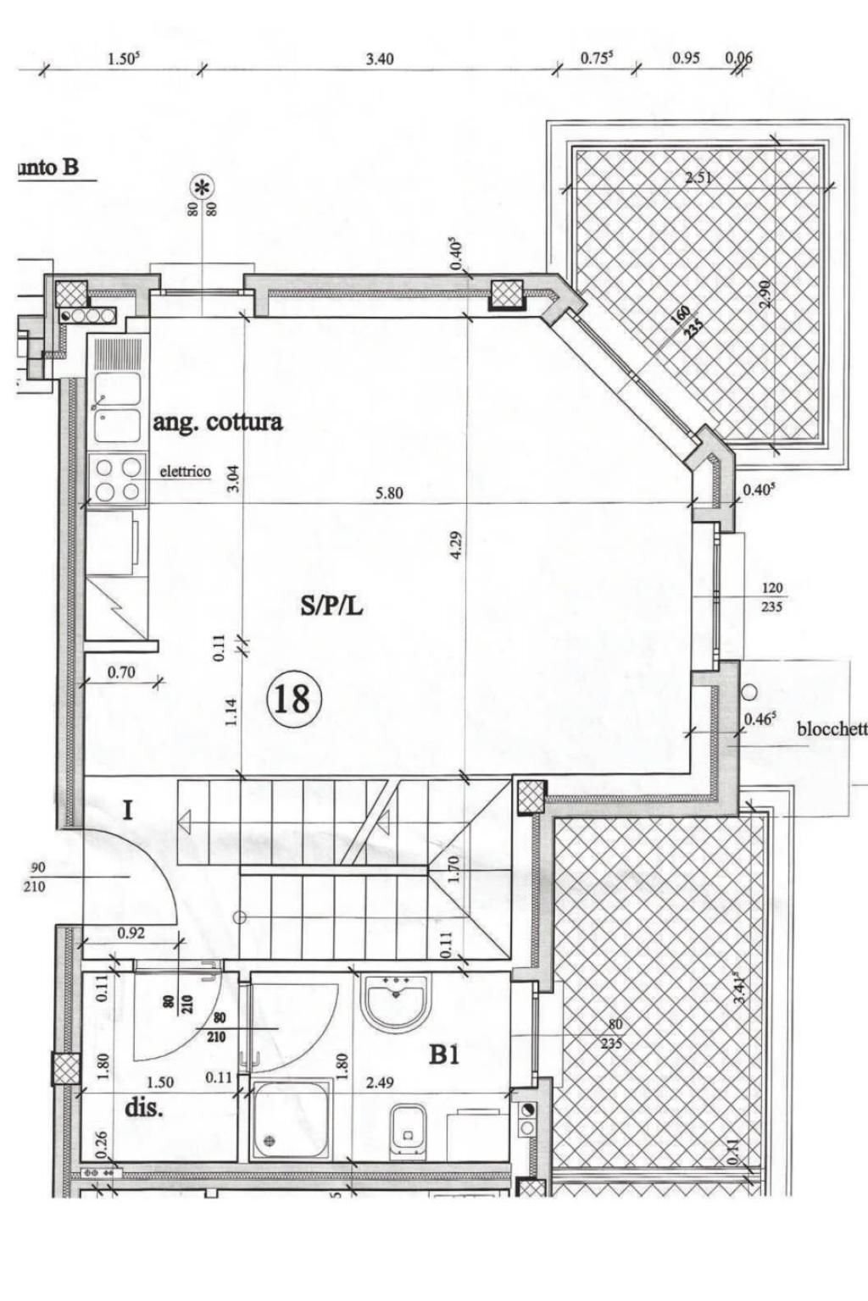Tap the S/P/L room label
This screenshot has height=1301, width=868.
[x=331, y=605]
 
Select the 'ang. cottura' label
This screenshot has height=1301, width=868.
[x=217, y=422]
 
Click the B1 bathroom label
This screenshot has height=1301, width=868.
[x=444, y=1055]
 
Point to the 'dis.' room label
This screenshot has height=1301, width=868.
[x=144, y=1108]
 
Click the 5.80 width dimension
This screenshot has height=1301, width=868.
[x=389, y=493]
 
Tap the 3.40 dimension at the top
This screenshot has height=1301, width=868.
[x=379, y=59]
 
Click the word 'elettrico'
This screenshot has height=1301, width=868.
[x=186, y=472]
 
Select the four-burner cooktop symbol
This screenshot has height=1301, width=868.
[x=118, y=479]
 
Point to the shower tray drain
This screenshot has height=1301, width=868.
[x=270, y=1139]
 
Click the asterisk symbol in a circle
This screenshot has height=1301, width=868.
[x=202, y=186]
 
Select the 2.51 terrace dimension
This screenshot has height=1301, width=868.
[x=698, y=178]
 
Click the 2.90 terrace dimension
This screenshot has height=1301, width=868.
[x=765, y=293]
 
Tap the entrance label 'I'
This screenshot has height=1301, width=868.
[x=127, y=811]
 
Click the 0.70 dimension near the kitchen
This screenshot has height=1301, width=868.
[x=121, y=673]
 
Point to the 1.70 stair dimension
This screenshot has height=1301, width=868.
[x=453, y=870]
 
